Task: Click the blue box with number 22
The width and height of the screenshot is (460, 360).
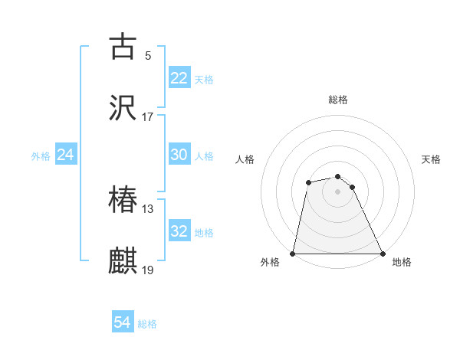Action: pyautogui.click(x=179, y=78)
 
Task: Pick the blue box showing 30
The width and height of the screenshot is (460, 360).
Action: pyautogui.click(x=179, y=155)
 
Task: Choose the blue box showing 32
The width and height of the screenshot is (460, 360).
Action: pyautogui.click(x=179, y=231)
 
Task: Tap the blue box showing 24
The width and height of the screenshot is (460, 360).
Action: pyautogui.click(x=65, y=155)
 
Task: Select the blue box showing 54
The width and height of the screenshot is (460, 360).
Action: pyautogui.click(x=123, y=323)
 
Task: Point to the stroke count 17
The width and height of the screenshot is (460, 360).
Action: pyautogui.click(x=148, y=117)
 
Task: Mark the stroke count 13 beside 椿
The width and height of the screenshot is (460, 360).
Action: pyautogui.click(x=148, y=209)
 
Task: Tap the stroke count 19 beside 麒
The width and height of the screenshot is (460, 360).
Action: pyautogui.click(x=148, y=270)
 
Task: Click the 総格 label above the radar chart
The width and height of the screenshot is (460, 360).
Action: pyautogui.click(x=338, y=100)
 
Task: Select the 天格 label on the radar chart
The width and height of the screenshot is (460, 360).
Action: pyautogui.click(x=432, y=159)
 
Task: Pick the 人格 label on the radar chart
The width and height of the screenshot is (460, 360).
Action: pyautogui.click(x=245, y=159)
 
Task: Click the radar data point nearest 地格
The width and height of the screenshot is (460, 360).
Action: pyautogui.click(x=383, y=254)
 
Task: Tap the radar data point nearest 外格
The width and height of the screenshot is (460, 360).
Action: pyautogui.click(x=293, y=254)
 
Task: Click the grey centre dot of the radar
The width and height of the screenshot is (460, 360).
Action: pyautogui.click(x=338, y=191)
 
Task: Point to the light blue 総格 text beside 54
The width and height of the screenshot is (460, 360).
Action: pyautogui.click(x=147, y=324)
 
